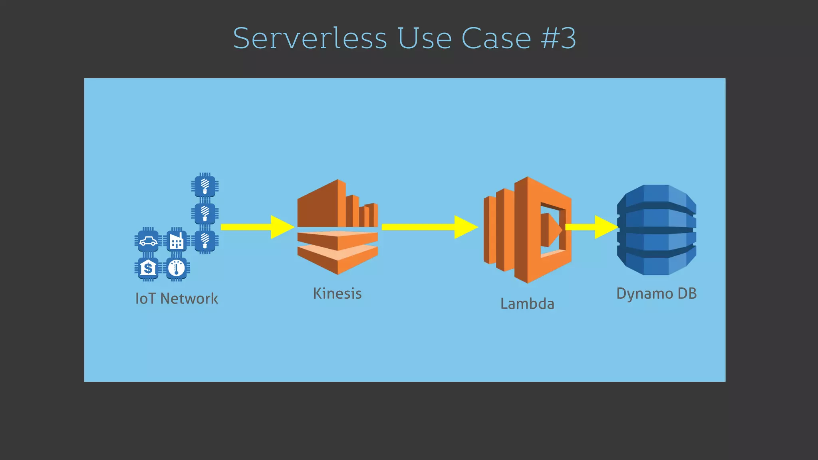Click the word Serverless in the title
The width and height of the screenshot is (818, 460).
click(310, 38)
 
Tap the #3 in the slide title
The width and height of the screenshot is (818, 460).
click(558, 38)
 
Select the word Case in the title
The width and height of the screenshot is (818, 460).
click(496, 38)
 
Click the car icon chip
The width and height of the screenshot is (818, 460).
click(148, 241)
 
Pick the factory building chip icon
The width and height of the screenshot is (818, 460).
click(177, 241)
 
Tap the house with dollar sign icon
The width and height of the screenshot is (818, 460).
click(148, 268)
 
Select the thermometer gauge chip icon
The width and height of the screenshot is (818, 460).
click(177, 268)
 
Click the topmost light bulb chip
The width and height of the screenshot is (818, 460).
click(205, 186)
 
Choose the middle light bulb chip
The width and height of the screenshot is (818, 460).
click(205, 213)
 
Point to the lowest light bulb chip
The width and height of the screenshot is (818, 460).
click(205, 241)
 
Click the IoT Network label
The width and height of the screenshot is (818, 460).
click(177, 299)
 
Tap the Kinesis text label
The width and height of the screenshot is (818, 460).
click(338, 293)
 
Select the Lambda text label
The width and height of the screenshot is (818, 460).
click(527, 304)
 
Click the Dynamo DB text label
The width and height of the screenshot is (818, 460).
click(656, 293)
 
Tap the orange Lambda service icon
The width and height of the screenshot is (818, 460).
click(527, 230)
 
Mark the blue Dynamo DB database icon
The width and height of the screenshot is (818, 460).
click(656, 230)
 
